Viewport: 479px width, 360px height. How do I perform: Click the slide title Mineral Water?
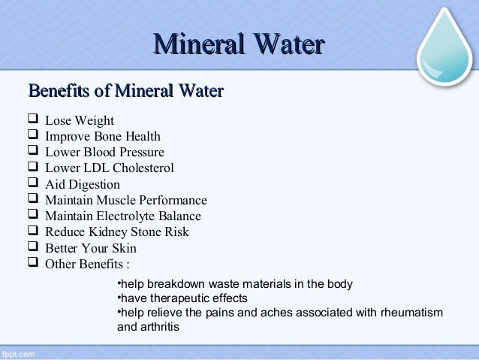239,44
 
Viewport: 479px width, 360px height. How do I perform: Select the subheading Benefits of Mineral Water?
125,92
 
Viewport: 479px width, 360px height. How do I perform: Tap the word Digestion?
93,185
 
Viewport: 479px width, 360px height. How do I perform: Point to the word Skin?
124,248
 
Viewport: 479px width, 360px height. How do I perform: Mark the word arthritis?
161,327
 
